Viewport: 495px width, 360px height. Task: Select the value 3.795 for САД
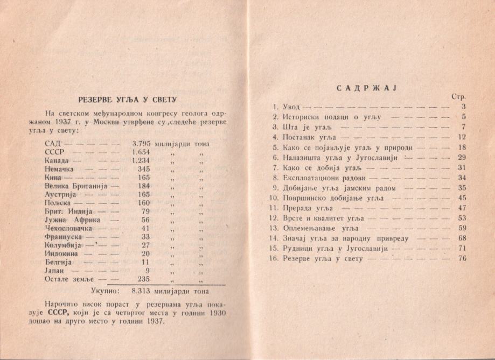tap(142, 144)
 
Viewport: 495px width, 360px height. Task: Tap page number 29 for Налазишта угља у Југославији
tap(461, 157)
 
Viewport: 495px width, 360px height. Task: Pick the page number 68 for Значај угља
tap(461, 238)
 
